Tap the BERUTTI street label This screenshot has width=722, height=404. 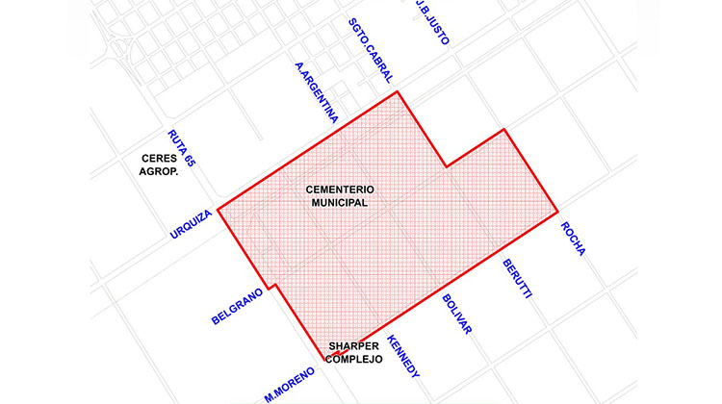pyautogui.click(x=517, y=277)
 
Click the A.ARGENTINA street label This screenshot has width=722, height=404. pyautogui.click(x=317, y=93)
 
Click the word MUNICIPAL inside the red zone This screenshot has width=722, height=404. pyautogui.click(x=339, y=203)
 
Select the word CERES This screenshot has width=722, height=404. pyautogui.click(x=157, y=160)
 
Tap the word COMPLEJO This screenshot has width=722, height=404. pyautogui.click(x=354, y=359)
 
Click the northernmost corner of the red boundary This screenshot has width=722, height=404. pyautogui.click(x=398, y=91)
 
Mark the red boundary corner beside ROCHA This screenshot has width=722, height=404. pyautogui.click(x=557, y=211)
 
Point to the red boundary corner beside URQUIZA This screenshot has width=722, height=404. pyautogui.click(x=219, y=209)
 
